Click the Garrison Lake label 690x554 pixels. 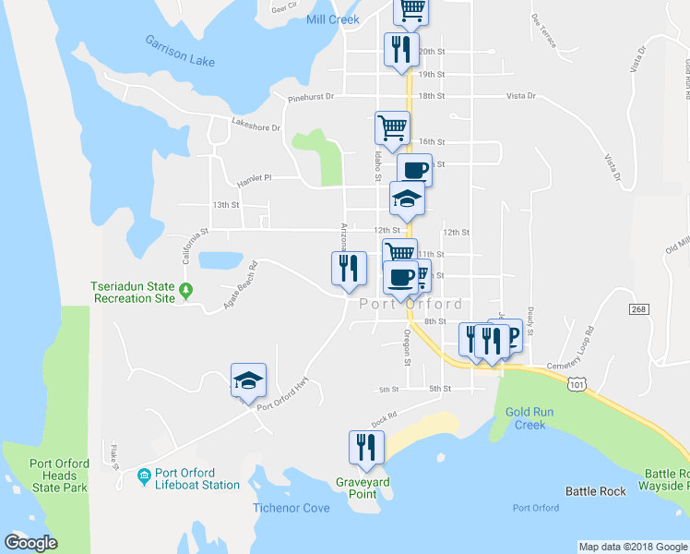[x=179, y=52]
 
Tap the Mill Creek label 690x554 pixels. [x=332, y=18]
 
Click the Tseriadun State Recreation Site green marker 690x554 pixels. [x=185, y=292]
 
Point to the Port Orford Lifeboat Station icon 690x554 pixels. [x=144, y=476]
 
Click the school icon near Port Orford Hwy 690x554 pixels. [x=248, y=380]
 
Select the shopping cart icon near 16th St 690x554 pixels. [x=392, y=127]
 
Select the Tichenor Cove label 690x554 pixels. [x=291, y=507]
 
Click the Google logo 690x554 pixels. [x=30, y=542]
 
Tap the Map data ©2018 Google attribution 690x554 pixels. [x=633, y=547]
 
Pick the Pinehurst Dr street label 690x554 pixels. [x=308, y=96]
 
